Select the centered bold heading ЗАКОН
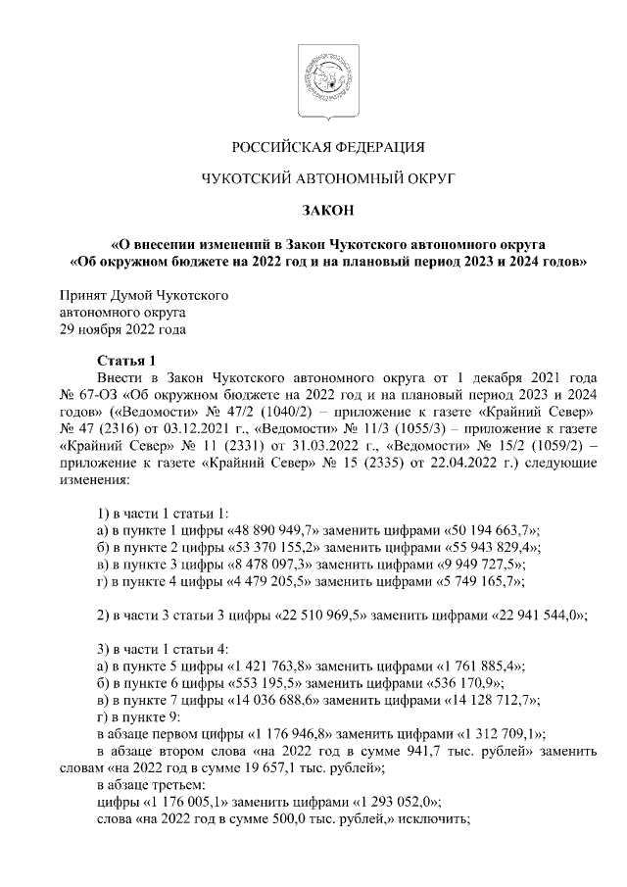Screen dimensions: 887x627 (327, 209)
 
